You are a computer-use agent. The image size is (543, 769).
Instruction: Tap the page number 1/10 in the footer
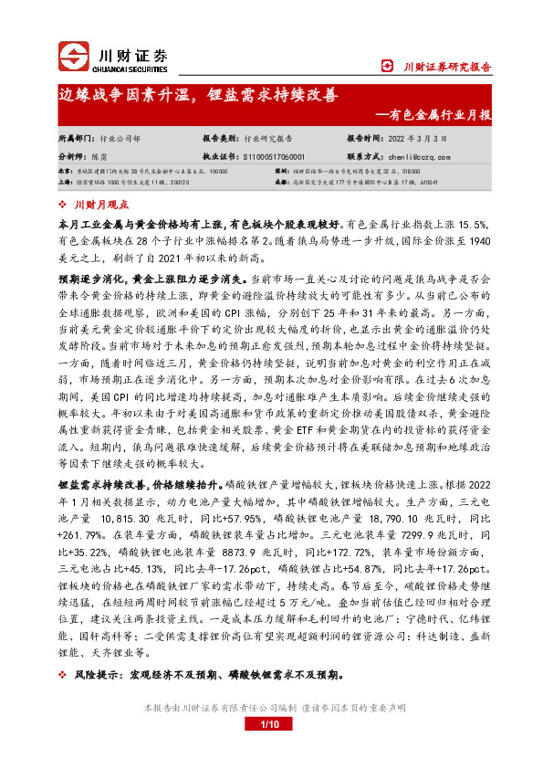271,750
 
